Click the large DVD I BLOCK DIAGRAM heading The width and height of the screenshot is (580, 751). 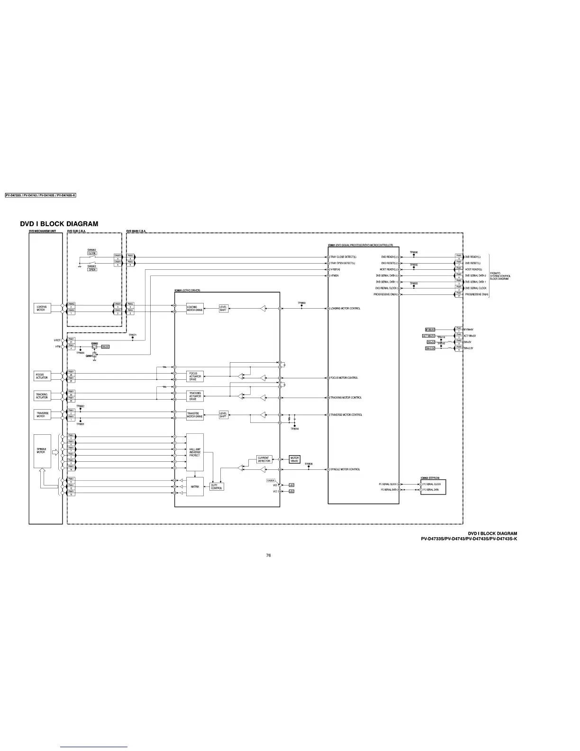(x=59, y=224)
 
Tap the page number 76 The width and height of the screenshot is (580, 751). (x=268, y=555)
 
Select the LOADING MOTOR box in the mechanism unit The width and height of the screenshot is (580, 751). (x=42, y=308)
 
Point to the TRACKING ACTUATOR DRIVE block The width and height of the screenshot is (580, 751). (x=195, y=396)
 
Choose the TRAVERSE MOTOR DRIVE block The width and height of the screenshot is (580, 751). (x=195, y=415)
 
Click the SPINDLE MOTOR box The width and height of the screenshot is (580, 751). (x=42, y=451)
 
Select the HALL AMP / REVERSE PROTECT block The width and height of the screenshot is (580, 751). (x=195, y=452)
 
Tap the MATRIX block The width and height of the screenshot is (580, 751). (x=195, y=486)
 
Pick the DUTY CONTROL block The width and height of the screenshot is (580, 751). (x=217, y=486)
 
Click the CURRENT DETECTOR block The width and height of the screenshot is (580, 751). (x=264, y=459)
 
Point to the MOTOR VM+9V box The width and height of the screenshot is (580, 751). (x=294, y=459)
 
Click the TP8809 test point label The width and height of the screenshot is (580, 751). (x=301, y=302)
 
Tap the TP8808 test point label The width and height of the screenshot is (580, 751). (x=308, y=464)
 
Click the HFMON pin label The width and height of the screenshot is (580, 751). (x=335, y=275)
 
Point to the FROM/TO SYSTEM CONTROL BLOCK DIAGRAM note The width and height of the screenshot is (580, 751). (x=500, y=276)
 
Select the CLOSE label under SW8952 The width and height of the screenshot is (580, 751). (x=92, y=253)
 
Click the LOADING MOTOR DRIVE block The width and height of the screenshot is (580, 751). (x=195, y=309)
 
